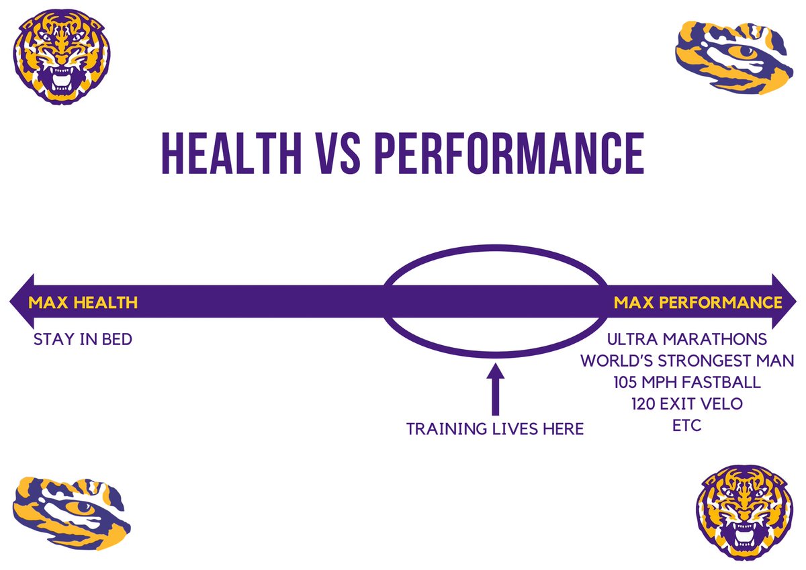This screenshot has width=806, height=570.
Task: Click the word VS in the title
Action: click(x=337, y=155)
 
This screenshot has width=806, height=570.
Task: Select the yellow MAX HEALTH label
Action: click(x=83, y=303)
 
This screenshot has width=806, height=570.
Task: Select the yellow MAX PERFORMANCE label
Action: click(x=698, y=303)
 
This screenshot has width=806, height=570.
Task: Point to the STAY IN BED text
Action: click(x=83, y=340)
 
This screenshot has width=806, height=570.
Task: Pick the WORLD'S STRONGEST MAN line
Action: click(x=687, y=361)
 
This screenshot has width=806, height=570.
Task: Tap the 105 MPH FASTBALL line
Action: click(x=686, y=383)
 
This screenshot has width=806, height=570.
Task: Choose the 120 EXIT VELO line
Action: click(x=686, y=404)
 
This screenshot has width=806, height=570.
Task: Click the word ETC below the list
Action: click(x=686, y=426)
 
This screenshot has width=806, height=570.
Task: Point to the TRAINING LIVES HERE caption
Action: click(x=495, y=429)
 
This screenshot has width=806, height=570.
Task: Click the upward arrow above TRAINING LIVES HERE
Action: click(x=495, y=389)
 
